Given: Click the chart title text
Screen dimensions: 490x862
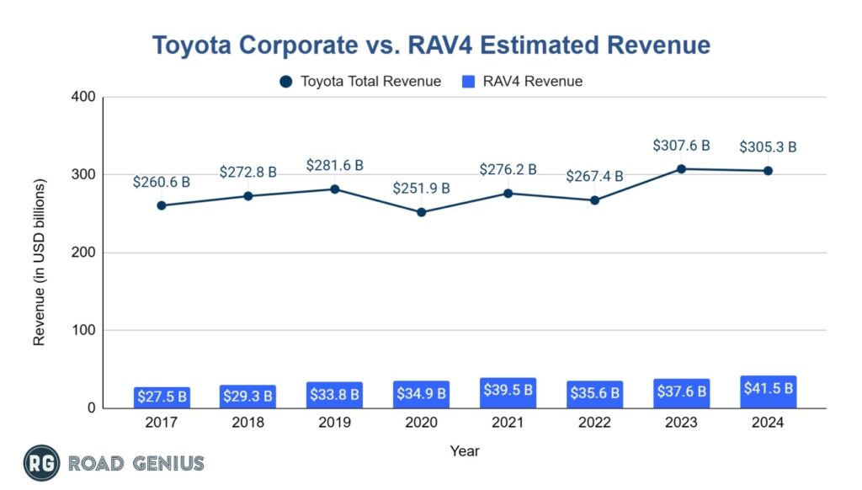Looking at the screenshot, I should pyautogui.click(x=431, y=44).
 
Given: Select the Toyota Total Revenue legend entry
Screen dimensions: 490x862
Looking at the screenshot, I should pyautogui.click(x=360, y=82).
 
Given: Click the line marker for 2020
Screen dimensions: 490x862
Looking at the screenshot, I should pyautogui.click(x=421, y=212).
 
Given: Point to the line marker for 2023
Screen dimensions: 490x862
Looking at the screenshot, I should pyautogui.click(x=681, y=168).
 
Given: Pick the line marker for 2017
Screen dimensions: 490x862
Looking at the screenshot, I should pyautogui.click(x=161, y=205).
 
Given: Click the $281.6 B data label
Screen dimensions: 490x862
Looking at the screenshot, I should pyautogui.click(x=334, y=165).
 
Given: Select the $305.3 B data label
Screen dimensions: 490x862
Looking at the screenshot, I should pyautogui.click(x=768, y=146).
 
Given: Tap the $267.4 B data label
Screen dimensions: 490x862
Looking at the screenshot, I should pyautogui.click(x=594, y=176).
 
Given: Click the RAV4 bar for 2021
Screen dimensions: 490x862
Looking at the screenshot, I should pyautogui.click(x=508, y=393).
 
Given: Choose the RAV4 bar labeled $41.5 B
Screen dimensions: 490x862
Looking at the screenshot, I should pyautogui.click(x=768, y=391).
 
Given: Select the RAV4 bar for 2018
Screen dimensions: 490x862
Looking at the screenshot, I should pyautogui.click(x=247, y=397).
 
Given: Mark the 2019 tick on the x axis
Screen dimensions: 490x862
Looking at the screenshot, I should pyautogui.click(x=334, y=423).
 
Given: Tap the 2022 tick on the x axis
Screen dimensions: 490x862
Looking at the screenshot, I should pyautogui.click(x=594, y=423).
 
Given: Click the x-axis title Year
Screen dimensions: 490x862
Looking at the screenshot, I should pyautogui.click(x=464, y=450).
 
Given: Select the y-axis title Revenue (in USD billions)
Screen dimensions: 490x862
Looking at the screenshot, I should pyautogui.click(x=40, y=261).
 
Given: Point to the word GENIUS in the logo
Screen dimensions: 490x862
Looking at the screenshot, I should pyautogui.click(x=167, y=463).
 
